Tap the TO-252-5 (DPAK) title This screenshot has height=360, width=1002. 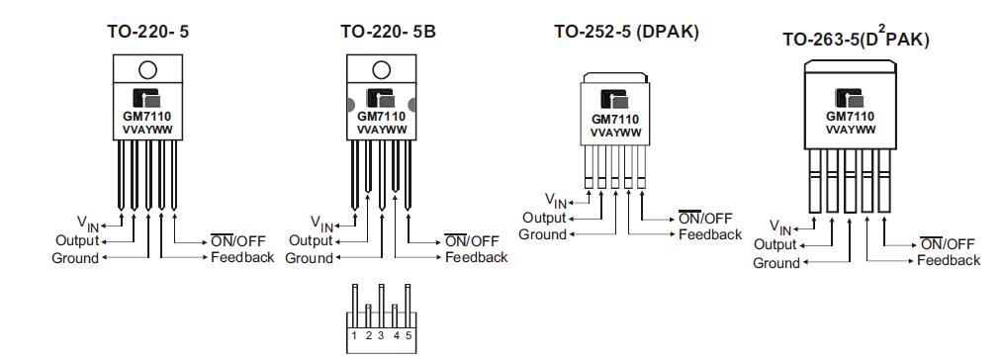626,32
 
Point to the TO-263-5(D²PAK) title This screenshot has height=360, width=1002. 856,39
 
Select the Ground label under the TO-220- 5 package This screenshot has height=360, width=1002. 75,258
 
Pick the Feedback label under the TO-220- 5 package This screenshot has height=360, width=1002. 242,257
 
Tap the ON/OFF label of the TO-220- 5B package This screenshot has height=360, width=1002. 472,240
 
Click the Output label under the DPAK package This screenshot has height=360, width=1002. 544,218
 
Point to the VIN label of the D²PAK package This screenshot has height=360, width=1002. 780,228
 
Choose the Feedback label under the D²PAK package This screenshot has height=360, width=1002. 949,260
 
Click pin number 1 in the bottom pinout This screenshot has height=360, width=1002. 355,336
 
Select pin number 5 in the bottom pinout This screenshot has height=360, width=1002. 408,336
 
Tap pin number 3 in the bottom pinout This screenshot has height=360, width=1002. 381,336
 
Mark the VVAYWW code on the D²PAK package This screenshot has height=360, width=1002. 849,130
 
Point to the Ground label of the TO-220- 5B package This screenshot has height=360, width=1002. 309,258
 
